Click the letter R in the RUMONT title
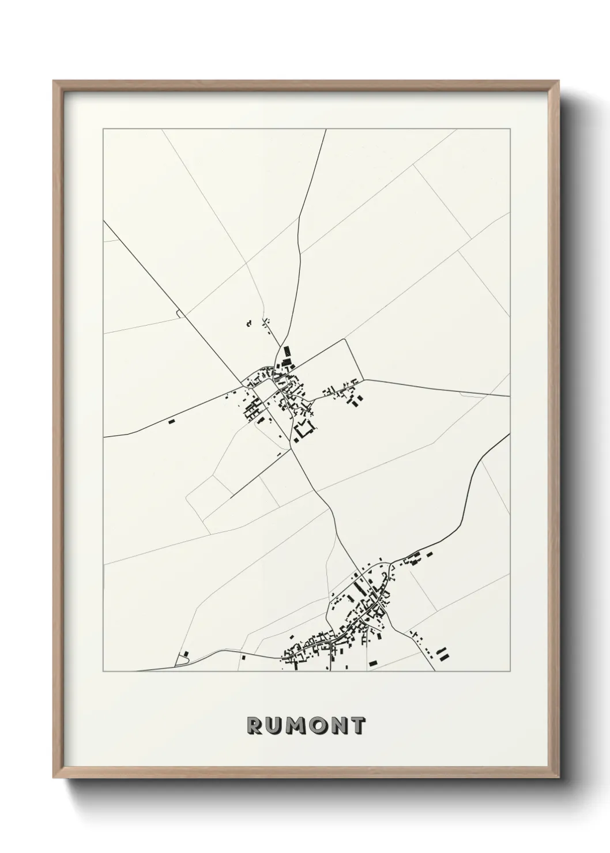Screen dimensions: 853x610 coord(254,726)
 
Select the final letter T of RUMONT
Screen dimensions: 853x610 coord(357,726)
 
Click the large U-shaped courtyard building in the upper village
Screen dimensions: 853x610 coord(304,429)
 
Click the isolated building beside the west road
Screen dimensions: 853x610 coord(171,421)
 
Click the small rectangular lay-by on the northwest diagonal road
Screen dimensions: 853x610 coord(178,313)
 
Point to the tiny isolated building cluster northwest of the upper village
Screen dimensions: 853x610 coord(249,324)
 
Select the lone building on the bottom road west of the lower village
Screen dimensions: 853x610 coord(243,656)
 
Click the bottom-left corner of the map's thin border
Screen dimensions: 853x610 coord(103,671)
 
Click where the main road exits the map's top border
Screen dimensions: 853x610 coord(326,130)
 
